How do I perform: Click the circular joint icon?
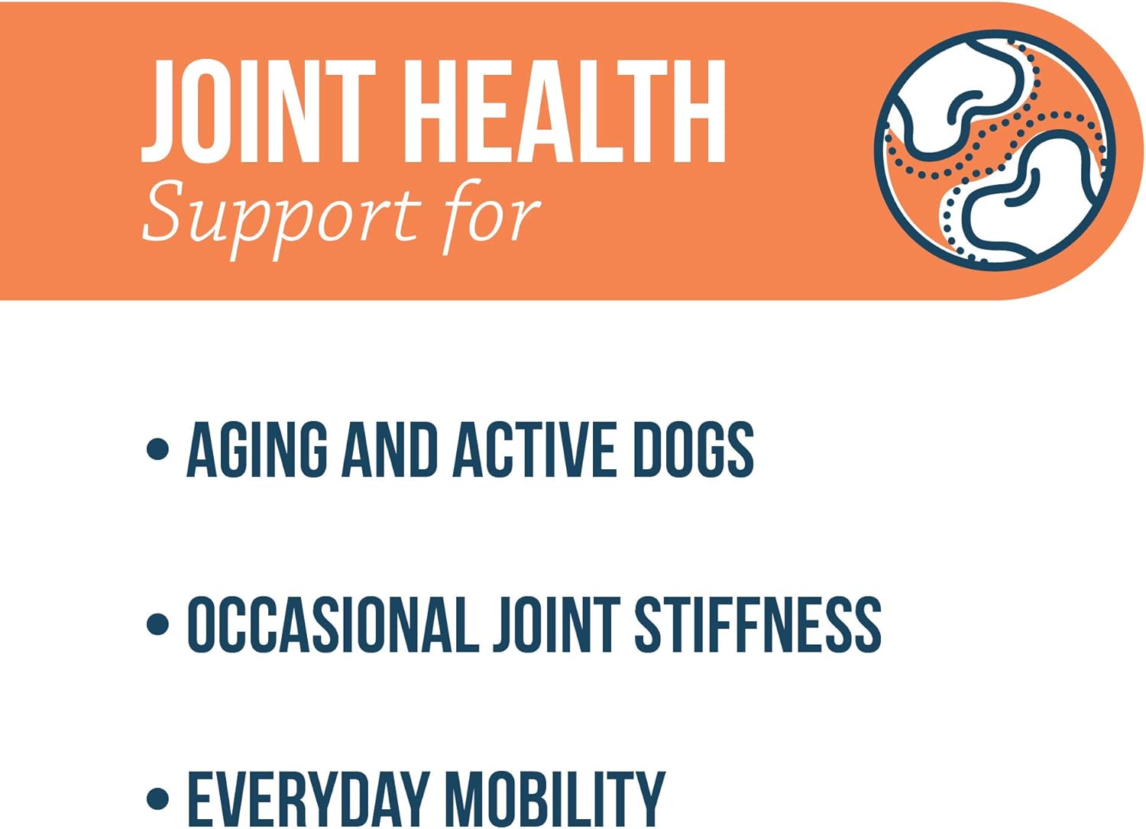pos(995,150)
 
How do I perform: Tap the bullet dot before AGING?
pos(157,449)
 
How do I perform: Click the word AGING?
pos(257,450)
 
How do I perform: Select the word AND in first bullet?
pos(389,450)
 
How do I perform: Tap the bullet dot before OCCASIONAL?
pos(157,623)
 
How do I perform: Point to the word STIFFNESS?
pos(758,625)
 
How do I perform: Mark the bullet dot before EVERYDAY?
pos(157,798)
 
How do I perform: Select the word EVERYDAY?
pos(308,798)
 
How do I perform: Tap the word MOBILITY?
pos(555,798)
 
